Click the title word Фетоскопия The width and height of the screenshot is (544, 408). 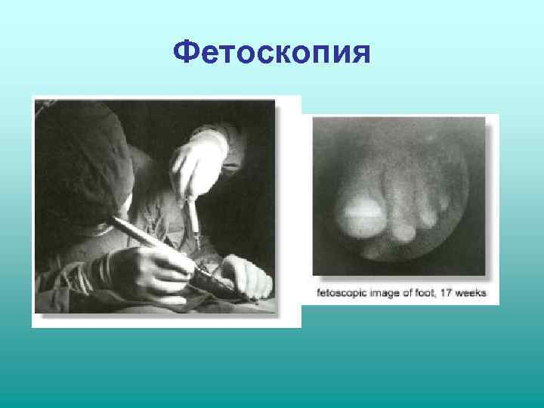pyautogui.click(x=271, y=53)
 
